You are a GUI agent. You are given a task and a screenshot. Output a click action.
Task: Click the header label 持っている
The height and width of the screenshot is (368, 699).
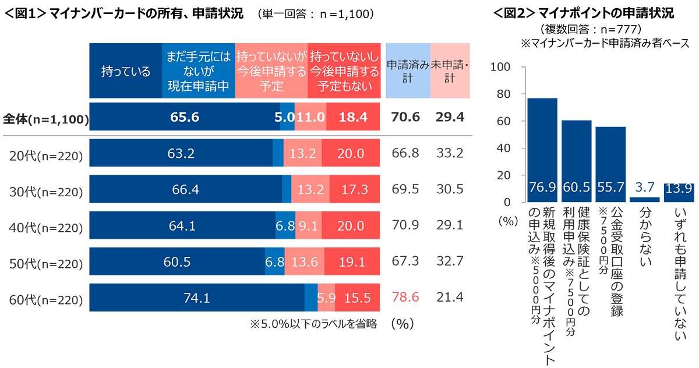126,72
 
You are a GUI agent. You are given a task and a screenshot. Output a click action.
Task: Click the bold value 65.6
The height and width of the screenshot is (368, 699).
185,118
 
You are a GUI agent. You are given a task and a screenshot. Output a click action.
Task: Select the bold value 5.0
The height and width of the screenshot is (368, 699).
285,118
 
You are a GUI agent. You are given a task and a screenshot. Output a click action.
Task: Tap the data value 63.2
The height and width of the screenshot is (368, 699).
180,154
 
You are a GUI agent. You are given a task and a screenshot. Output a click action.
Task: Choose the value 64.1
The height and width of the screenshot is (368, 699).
182,226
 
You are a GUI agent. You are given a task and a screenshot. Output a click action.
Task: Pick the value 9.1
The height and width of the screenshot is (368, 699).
308,226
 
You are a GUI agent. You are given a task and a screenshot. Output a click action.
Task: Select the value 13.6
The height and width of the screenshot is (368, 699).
305,262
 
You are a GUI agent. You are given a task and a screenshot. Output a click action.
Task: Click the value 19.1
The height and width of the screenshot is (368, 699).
352,262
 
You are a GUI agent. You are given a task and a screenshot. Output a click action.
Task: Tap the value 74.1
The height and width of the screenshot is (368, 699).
196,298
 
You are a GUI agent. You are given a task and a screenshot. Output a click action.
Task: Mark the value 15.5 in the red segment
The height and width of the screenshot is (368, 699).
357,298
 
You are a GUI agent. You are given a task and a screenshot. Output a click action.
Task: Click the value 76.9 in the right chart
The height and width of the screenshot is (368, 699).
542,187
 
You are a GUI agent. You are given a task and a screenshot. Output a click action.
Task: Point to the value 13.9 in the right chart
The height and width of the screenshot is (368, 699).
679,187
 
